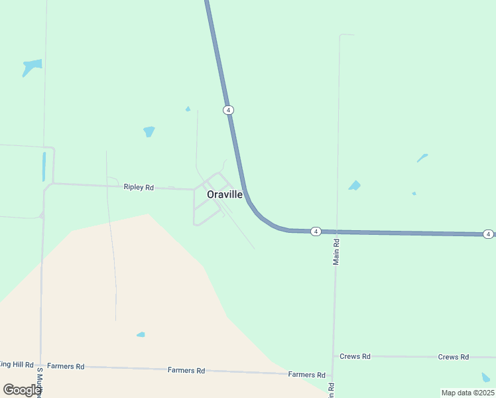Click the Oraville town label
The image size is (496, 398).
coord(225,194)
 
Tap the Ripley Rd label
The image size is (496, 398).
coord(139,188)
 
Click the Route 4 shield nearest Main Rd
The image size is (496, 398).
coord(316,232)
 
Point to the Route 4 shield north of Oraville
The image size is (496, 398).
coord(228,109)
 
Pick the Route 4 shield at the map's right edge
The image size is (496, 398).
coord(488,234)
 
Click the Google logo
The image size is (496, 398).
coord(22,390)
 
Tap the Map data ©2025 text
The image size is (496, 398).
coord(467,393)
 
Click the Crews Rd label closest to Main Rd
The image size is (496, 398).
coord(355,356)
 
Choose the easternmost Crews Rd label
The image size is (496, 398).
coord(454,357)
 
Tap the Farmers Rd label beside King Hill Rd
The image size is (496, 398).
coord(66,366)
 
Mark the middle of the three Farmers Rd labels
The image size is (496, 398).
coord(186,370)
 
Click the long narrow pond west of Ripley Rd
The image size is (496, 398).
coord(44,166)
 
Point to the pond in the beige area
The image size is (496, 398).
coord(141,334)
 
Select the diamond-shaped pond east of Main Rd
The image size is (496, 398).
coord(355,186)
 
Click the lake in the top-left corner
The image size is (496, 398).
coord(31,66)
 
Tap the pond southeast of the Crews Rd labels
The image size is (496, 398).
coord(486,377)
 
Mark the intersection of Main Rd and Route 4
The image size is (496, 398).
coord(337,232)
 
